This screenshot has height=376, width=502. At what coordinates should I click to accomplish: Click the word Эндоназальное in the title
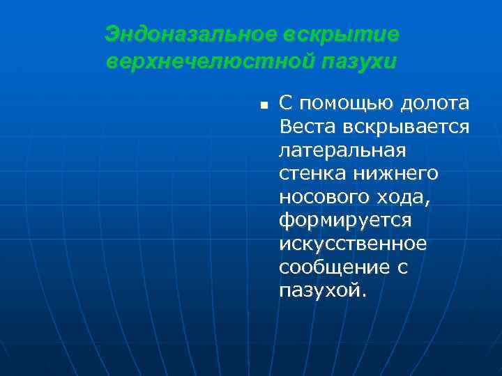tap(190, 34)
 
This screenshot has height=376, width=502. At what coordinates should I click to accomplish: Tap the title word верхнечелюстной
tap(210, 61)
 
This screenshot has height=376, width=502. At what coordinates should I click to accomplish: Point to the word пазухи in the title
tap(358, 61)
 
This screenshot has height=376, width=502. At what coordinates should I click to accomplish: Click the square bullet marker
tap(264, 106)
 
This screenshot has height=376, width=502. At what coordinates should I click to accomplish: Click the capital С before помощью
tap(285, 104)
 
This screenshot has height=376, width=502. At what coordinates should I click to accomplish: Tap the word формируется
tap(345, 221)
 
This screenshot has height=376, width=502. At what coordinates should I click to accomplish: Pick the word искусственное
tap(352, 244)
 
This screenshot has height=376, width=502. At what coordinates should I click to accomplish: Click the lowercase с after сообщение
tap(402, 268)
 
